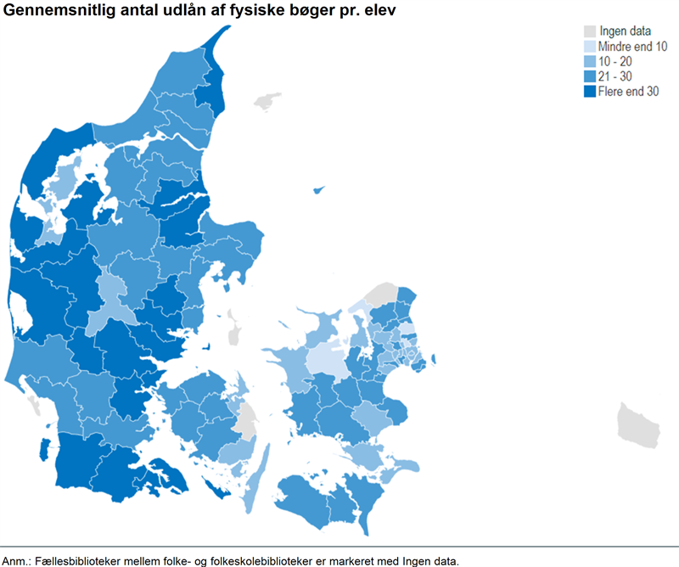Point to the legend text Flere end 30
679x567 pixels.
(628, 93)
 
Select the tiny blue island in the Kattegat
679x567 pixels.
(319, 190)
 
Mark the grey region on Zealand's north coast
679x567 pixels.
(384, 294)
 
